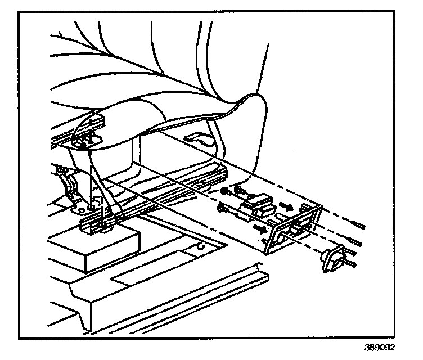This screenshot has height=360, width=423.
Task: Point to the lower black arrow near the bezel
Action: (x=260, y=228)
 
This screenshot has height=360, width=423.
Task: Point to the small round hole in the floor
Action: (x=201, y=246)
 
